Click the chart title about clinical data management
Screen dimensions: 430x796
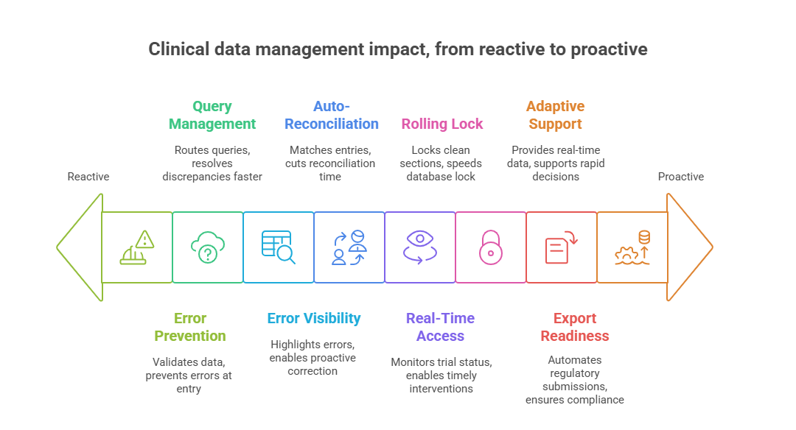pyautogui.click(x=398, y=49)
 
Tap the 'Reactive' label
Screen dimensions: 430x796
pyautogui.click(x=88, y=177)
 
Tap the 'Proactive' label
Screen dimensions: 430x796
pyautogui.click(x=680, y=177)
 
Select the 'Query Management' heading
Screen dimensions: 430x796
pyautogui.click(x=212, y=115)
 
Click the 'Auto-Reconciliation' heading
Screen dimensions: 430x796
pyautogui.click(x=332, y=115)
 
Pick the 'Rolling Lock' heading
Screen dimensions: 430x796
pyautogui.click(x=442, y=124)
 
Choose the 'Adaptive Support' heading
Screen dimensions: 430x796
pyautogui.click(x=555, y=115)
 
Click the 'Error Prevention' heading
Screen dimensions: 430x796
pyautogui.click(x=189, y=327)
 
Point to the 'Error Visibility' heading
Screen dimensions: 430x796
pyautogui.click(x=313, y=318)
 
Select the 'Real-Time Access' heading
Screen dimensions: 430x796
pyautogui.click(x=440, y=327)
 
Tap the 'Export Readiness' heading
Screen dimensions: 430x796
pyautogui.click(x=575, y=327)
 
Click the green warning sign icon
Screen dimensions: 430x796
pyautogui.click(x=137, y=247)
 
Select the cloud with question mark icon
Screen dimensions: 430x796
pyautogui.click(x=208, y=247)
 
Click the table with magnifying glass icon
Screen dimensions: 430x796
pyautogui.click(x=279, y=247)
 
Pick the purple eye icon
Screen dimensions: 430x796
pyautogui.click(x=420, y=247)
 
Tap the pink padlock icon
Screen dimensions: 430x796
pyautogui.click(x=491, y=247)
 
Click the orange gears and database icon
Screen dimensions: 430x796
pyautogui.click(x=632, y=247)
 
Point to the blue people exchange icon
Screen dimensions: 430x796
pyautogui.click(x=349, y=247)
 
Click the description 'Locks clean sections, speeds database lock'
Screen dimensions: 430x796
pyautogui.click(x=441, y=163)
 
